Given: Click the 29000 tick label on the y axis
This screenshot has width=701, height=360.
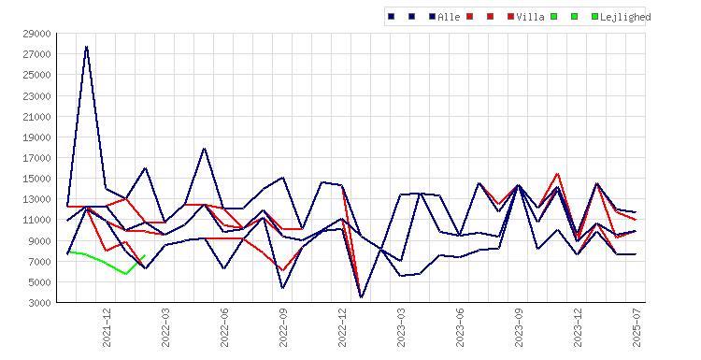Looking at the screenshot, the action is [x=36, y=34].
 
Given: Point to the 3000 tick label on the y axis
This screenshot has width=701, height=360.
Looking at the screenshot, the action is [x=39, y=303].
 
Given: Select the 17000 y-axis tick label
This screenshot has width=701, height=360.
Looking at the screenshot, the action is [x=36, y=158].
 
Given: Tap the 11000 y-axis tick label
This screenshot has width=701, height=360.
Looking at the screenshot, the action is [x=36, y=220].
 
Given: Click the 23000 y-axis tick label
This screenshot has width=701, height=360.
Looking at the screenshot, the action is [x=36, y=95].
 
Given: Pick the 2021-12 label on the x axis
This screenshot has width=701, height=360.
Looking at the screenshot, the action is [x=107, y=327].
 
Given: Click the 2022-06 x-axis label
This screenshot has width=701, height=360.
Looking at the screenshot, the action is [x=224, y=327].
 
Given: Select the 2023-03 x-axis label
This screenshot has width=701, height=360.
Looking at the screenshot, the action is [x=401, y=327].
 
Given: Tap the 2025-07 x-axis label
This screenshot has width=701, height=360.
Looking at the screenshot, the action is [x=637, y=327].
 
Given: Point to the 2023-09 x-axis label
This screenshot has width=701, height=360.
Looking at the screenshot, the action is [x=519, y=327].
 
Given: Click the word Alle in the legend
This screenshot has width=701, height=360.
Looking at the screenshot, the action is [x=449, y=17].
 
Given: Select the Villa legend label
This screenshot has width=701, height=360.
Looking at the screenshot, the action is [x=530, y=17].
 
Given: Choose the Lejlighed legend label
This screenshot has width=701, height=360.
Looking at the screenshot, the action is [x=625, y=18].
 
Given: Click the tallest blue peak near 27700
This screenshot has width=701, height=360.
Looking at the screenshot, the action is [x=86, y=47].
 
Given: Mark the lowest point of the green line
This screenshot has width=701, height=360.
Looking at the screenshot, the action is [x=126, y=274].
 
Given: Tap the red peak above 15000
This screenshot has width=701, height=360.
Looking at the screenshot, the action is [x=557, y=174].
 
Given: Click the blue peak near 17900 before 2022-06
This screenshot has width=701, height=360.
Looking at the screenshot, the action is [x=205, y=148].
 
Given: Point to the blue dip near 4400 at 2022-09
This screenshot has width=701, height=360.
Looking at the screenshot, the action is [x=282, y=288].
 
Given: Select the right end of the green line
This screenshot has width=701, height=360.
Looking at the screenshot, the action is [x=145, y=255].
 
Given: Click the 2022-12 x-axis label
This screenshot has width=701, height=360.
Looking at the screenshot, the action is [x=342, y=327].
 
